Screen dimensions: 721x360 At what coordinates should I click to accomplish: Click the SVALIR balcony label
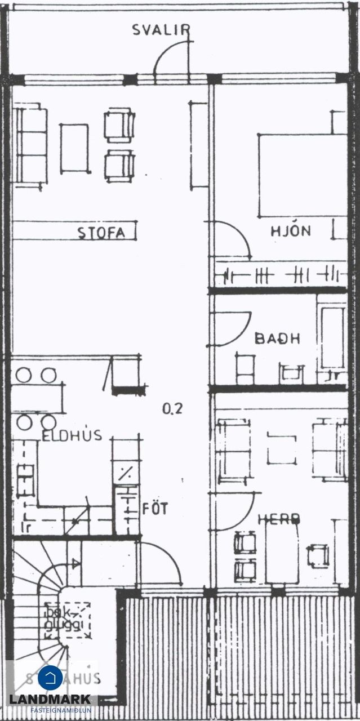[x=161, y=30]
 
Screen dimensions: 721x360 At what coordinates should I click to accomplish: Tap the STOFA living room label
[x=101, y=233]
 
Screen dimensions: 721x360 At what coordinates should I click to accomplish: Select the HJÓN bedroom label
[x=290, y=230]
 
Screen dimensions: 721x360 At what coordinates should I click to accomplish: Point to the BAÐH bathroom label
[x=277, y=339]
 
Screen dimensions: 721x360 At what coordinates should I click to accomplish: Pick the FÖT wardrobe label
[x=155, y=509]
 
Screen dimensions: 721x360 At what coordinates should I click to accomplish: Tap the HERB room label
[x=278, y=519]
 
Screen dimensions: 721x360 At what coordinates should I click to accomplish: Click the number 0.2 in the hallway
[x=172, y=410]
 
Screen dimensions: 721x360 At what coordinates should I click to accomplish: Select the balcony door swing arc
[x=170, y=57]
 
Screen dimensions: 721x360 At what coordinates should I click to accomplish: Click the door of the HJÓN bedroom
[x=231, y=240]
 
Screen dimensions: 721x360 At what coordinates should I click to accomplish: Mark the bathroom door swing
[x=231, y=328]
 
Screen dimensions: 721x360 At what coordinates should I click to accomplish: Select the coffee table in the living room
[x=74, y=148]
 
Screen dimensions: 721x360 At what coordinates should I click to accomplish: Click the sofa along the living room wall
[x=31, y=146]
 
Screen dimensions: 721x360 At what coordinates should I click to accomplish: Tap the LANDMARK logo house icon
[x=50, y=678]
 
